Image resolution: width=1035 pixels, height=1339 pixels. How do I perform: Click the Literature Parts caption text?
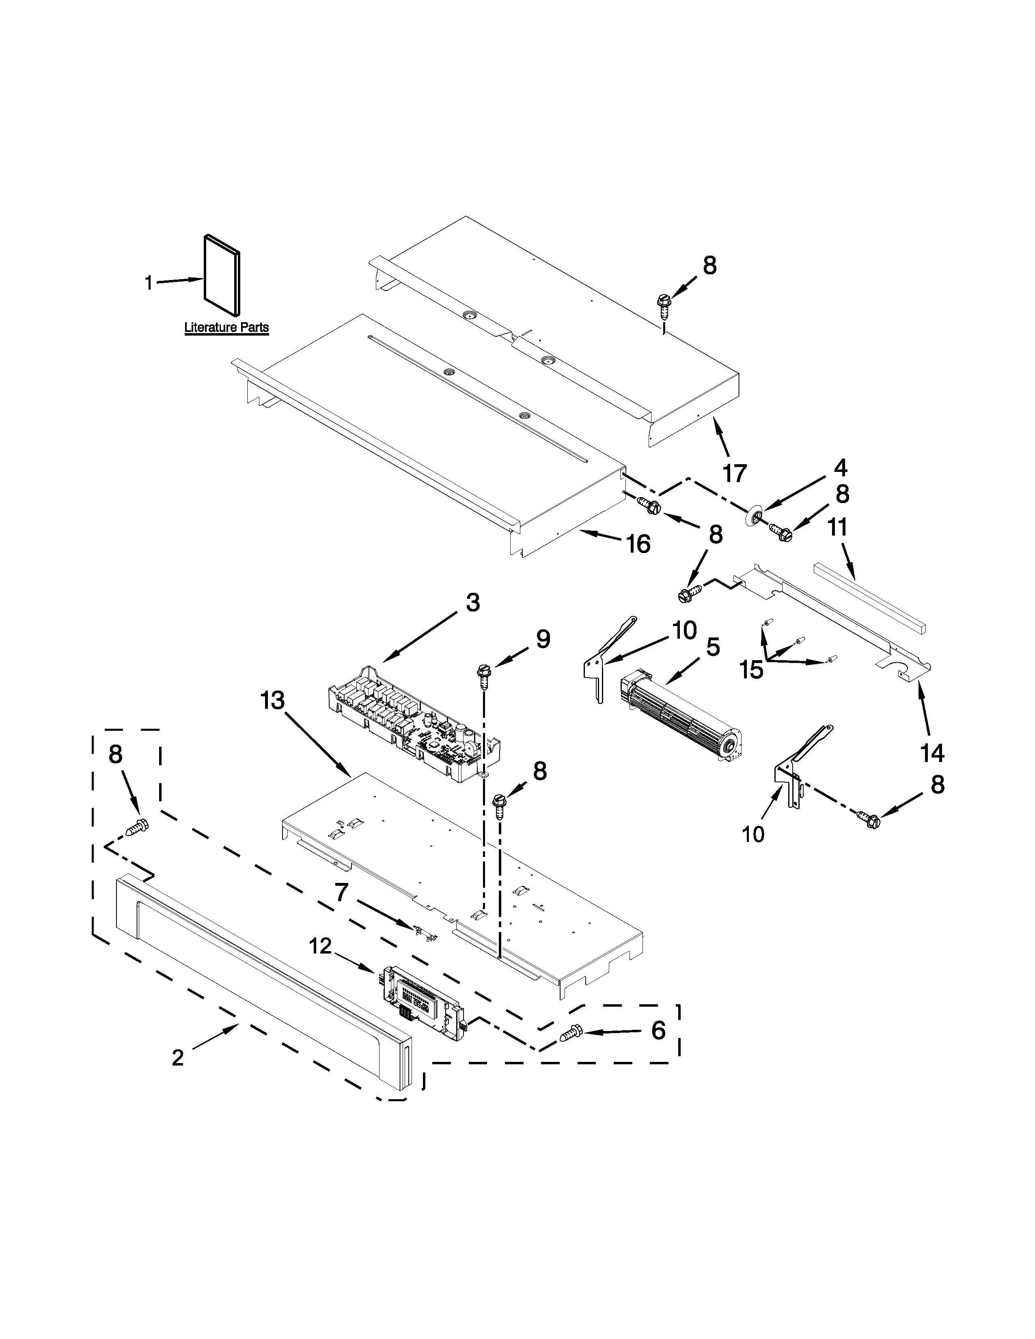coord(226,327)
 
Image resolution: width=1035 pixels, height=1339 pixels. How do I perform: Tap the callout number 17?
coord(735,473)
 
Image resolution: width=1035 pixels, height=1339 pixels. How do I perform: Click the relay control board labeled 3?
coord(414,723)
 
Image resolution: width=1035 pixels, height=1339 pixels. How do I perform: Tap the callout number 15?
coord(751,669)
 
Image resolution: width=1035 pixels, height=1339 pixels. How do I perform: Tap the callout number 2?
coord(178,1057)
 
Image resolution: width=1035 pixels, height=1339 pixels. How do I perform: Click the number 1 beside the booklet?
coord(149,283)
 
